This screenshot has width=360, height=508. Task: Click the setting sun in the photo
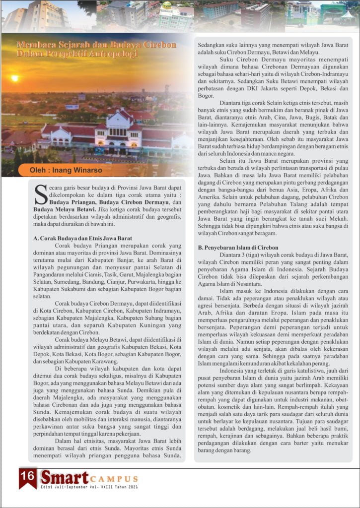[x=14, y=78]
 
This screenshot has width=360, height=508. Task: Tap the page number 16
[x=28, y=476]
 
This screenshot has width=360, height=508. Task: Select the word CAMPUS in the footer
[x=114, y=479]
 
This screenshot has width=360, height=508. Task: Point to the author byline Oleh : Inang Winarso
[x=62, y=171]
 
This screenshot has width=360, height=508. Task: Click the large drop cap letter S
[x=40, y=194]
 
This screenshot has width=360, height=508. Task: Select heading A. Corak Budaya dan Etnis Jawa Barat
[x=82, y=238]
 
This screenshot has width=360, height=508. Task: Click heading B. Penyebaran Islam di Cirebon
[x=238, y=248]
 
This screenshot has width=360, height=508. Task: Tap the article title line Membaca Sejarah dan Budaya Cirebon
[x=96, y=45]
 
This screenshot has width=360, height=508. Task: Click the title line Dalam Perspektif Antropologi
[x=76, y=54]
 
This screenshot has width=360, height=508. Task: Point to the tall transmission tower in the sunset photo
[x=166, y=97]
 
